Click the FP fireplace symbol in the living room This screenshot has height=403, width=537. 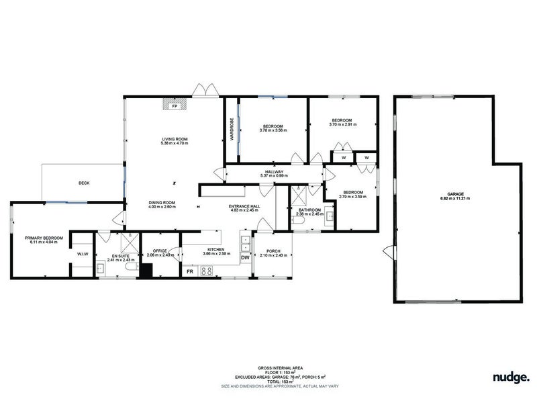click(x=175, y=105)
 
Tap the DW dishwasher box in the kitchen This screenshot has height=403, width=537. click(x=245, y=257)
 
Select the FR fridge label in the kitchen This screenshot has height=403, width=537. click(x=189, y=271)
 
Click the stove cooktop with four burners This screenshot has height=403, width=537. click(x=207, y=271)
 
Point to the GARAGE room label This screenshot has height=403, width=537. click(x=454, y=195)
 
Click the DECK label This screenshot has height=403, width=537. click(x=84, y=183)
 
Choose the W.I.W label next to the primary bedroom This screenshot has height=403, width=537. click(x=83, y=254)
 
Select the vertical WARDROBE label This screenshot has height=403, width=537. click(x=232, y=128)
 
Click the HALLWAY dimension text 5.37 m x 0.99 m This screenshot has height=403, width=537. click(x=274, y=176)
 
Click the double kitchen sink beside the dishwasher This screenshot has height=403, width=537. click(x=245, y=240)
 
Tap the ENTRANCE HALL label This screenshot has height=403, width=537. click(x=244, y=206)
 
